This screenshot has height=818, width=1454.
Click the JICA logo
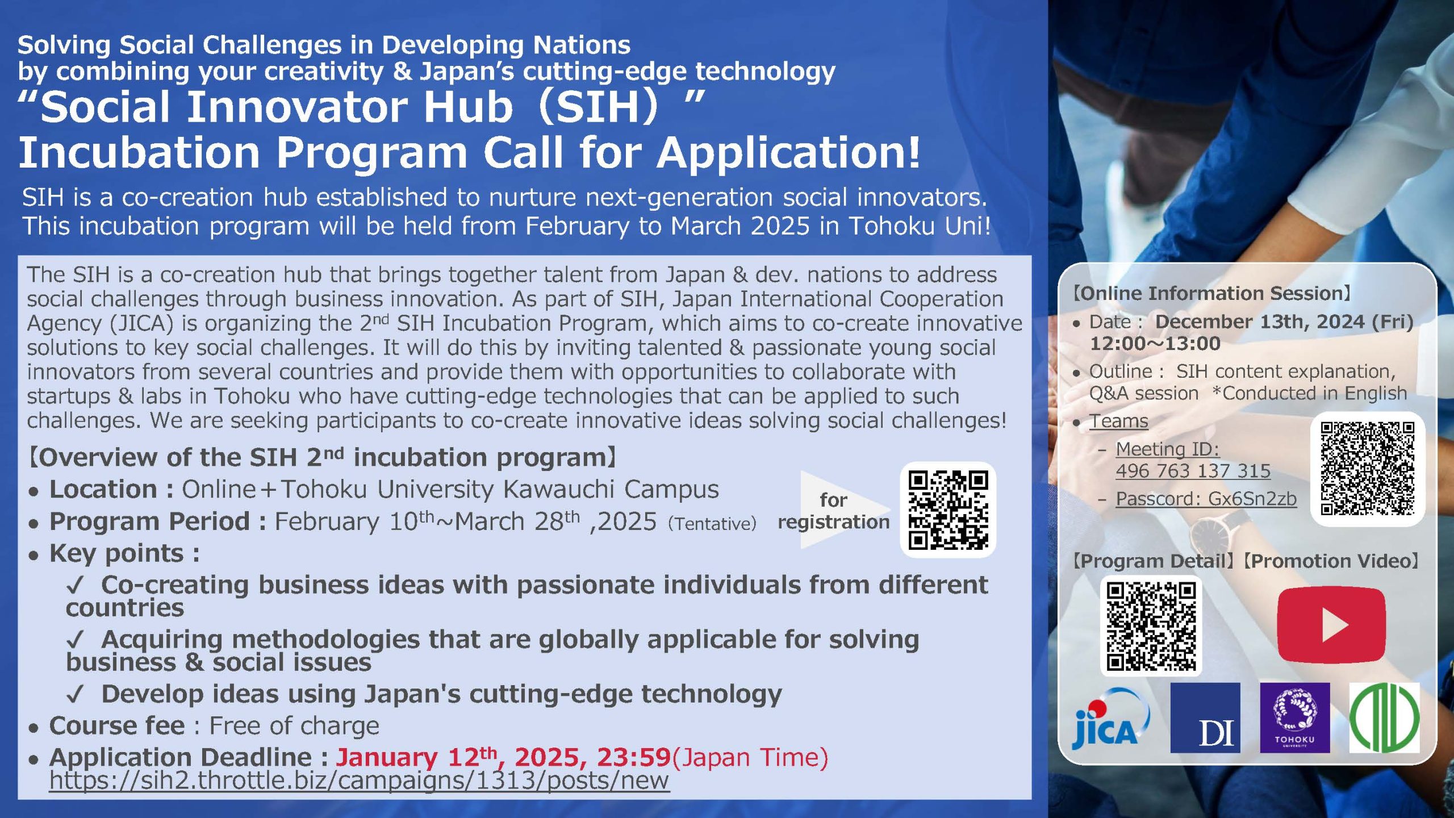pyautogui.click(x=1110, y=718)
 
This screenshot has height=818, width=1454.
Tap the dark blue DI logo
pyautogui.click(x=1205, y=718)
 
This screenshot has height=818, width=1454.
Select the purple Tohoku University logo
pyautogui.click(x=1295, y=718)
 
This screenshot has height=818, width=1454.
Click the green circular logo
pyautogui.click(x=1384, y=718)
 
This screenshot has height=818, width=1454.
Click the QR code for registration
pyautogui.click(x=948, y=510)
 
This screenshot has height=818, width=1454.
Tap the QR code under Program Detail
pyautogui.click(x=1151, y=626)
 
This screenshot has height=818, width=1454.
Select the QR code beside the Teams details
pyautogui.click(x=1367, y=469)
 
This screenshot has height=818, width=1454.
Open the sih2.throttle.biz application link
pyautogui.click(x=359, y=780)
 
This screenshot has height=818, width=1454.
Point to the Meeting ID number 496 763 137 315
pyautogui.click(x=1193, y=471)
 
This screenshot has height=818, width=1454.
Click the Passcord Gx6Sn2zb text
pyautogui.click(x=1206, y=498)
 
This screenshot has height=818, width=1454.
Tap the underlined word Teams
pyautogui.click(x=1118, y=421)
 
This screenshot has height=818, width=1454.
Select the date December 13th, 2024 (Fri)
pyautogui.click(x=1284, y=322)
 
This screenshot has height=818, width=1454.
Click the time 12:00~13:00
pyautogui.click(x=1155, y=344)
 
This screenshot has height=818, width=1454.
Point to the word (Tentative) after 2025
pyautogui.click(x=712, y=523)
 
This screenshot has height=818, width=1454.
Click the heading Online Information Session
pyautogui.click(x=1211, y=294)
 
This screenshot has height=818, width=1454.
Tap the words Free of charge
pyautogui.click(x=294, y=725)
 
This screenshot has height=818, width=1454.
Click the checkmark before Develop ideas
pyautogui.click(x=75, y=694)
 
